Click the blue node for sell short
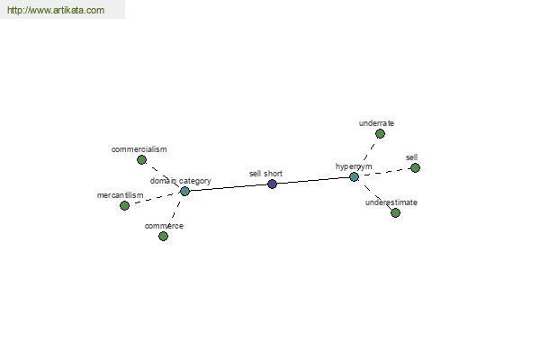272,184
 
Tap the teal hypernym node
354,176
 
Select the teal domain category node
184,191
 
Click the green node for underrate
380,133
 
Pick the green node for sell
415,167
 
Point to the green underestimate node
395,212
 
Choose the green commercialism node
141,159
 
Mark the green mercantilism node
124,206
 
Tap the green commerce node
163,236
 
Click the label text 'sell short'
265,174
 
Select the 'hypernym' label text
354,166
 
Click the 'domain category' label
181,181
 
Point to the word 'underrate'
376,123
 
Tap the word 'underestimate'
391,202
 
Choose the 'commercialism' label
139,149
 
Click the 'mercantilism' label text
121,195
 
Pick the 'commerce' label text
164,226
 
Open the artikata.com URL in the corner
56,10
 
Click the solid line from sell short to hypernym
313,180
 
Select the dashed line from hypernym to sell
384,172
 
